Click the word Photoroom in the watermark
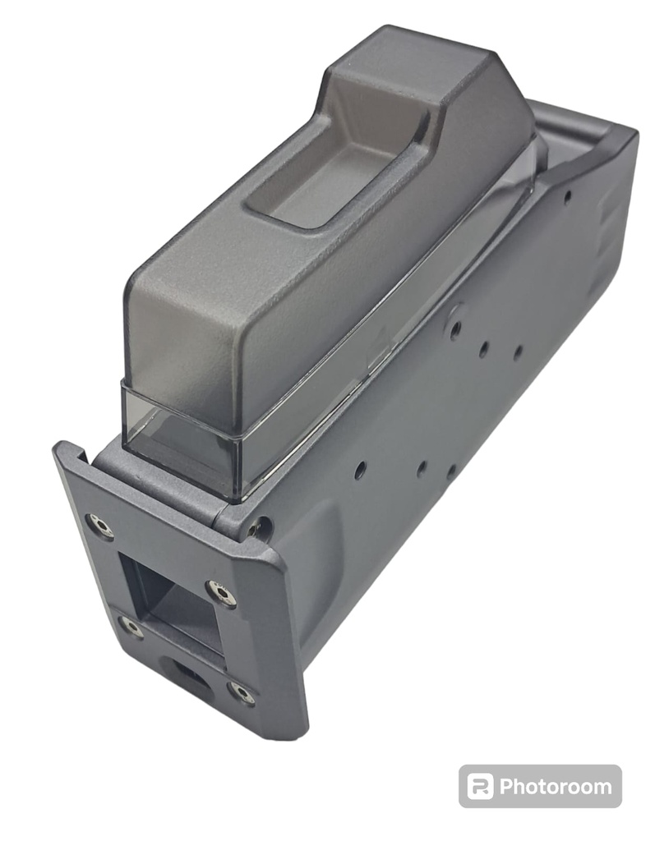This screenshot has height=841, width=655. [556, 787]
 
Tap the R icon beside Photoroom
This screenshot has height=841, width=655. [480, 786]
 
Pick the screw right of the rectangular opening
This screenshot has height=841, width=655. [220, 593]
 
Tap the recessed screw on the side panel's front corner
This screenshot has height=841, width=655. [261, 528]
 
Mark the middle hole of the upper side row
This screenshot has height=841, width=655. [484, 348]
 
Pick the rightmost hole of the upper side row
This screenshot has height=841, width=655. [518, 353]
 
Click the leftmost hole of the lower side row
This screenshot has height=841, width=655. [360, 471]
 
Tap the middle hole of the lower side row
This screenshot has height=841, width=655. [421, 469]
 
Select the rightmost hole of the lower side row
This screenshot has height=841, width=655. [451, 472]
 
